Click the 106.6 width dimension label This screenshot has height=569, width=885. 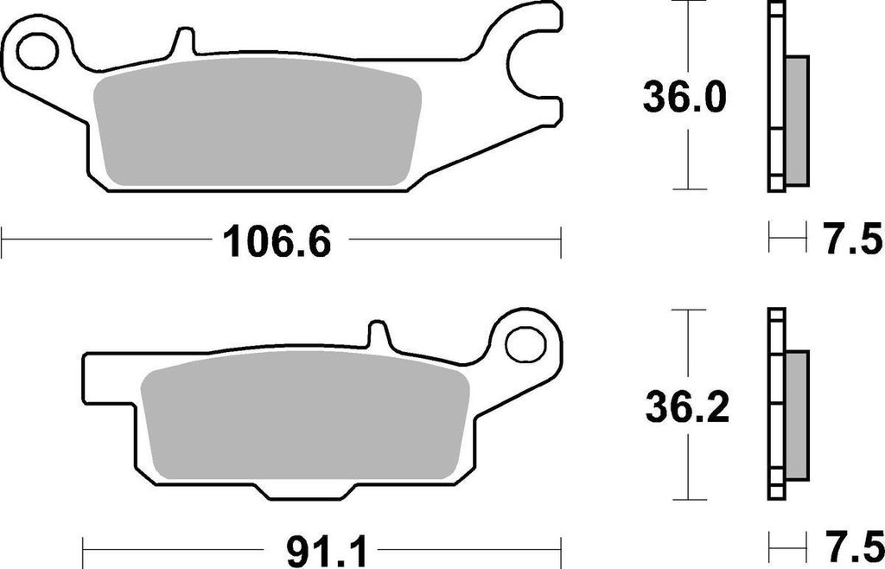coord(277,241)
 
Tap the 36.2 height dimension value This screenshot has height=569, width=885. coord(687,407)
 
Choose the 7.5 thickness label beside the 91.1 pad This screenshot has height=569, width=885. coord(850,548)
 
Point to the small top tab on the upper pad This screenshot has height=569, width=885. coord(183,42)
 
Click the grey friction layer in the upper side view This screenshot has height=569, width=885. coord(797,120)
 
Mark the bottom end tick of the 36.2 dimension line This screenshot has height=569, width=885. coord(687,499)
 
